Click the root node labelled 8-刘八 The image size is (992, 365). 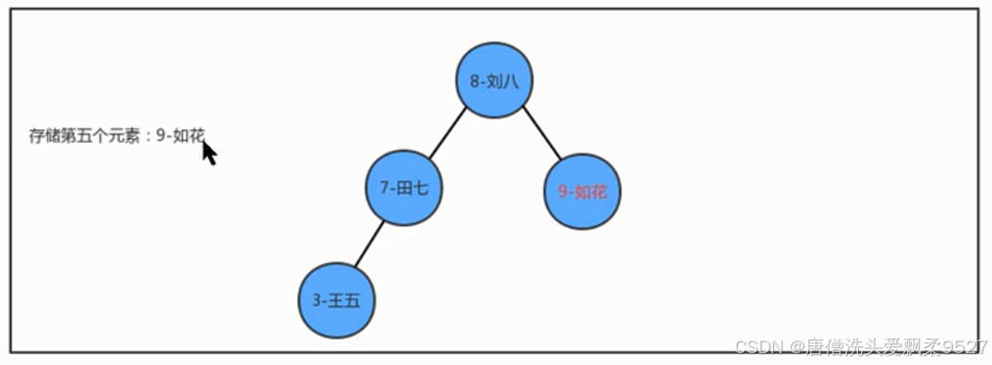click(x=495, y=80)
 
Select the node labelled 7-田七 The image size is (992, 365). click(x=405, y=188)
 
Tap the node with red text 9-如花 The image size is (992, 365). click(x=582, y=192)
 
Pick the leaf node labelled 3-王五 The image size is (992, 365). click(x=337, y=300)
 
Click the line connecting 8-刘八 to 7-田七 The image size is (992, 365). click(x=448, y=135)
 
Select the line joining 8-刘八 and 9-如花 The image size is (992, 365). click(x=541, y=133)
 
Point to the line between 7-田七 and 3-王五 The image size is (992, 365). click(x=368, y=246)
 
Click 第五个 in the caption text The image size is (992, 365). click(x=83, y=136)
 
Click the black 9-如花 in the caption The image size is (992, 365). click(x=181, y=136)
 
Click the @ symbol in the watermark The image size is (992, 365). click(x=798, y=346)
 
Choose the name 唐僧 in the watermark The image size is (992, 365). click(x=822, y=346)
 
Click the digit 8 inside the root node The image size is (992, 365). click(x=474, y=81)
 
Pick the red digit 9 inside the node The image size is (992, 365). click(x=562, y=193)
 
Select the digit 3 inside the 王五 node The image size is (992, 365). click(x=318, y=301)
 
